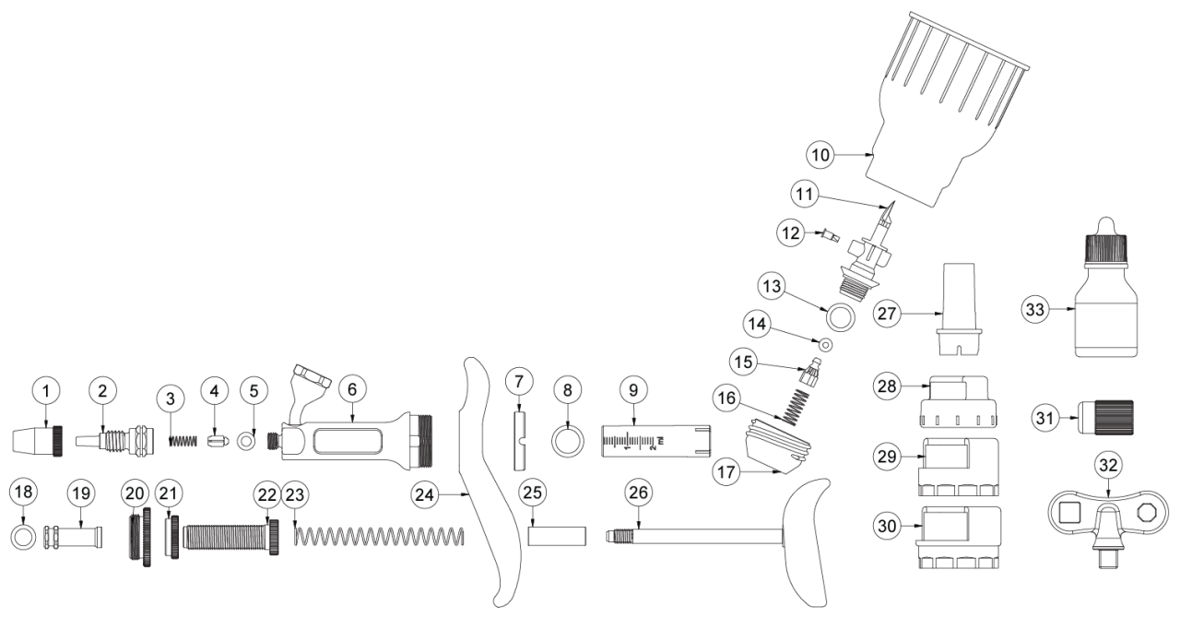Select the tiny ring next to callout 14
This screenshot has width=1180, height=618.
click(x=826, y=345)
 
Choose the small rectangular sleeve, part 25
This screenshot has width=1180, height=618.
click(x=558, y=536)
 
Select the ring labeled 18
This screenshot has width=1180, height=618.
click(x=23, y=536)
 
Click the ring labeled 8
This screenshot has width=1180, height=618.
click(x=566, y=439)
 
